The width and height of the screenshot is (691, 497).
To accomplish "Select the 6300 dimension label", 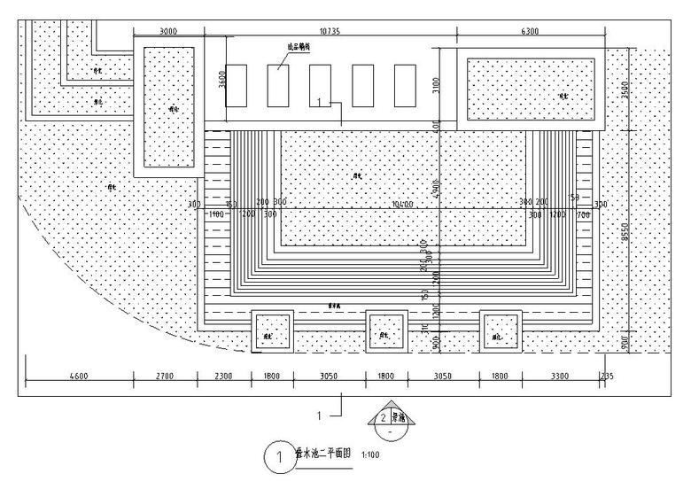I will click(x=530, y=31).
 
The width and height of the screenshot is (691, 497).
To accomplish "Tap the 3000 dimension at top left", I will click(x=167, y=31).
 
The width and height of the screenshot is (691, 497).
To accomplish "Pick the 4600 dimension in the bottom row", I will click(x=79, y=377).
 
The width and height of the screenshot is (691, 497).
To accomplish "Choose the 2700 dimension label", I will click(x=165, y=377).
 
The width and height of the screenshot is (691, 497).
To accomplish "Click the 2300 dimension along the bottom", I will click(x=223, y=377).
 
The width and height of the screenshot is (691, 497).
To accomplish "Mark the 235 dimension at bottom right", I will click(x=606, y=377).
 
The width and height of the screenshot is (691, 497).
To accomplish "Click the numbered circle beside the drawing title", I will click(x=278, y=457).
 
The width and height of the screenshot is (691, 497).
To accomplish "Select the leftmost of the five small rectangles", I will click(x=236, y=86).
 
